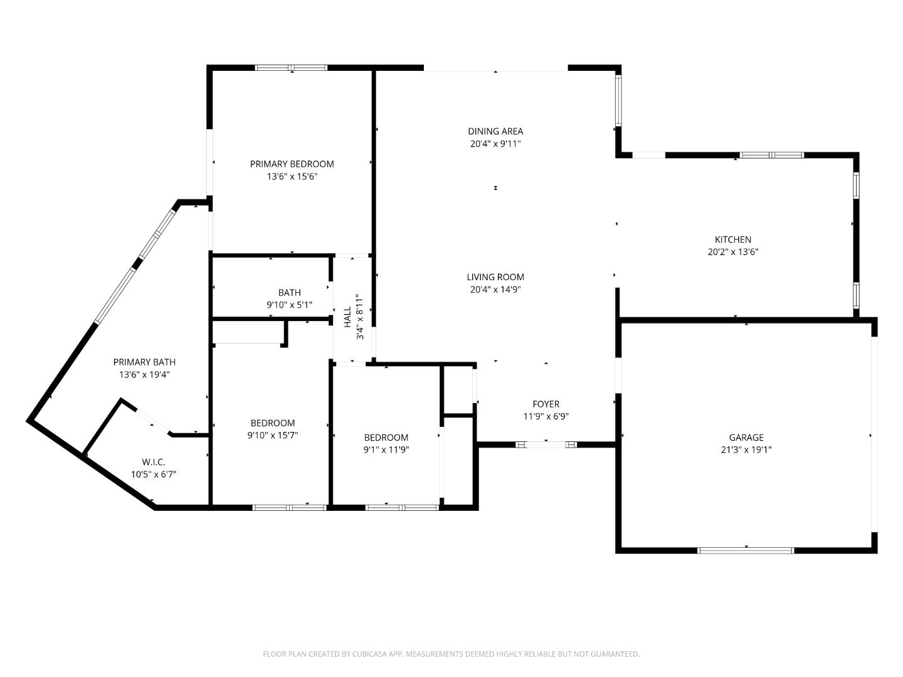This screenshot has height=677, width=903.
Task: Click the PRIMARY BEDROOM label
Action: coord(292,164)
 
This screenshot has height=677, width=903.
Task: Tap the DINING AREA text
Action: coord(495,132)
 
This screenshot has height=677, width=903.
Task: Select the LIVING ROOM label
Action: coord(495,277)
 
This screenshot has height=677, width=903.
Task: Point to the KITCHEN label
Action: coord(733,239)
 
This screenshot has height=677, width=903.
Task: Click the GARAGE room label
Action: coord(746,438)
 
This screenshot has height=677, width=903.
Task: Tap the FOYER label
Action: coord(546,404)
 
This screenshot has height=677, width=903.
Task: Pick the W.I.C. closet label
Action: coord(154,462)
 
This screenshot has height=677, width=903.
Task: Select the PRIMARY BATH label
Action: coord(144,362)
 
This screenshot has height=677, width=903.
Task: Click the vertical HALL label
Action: coord(347,317)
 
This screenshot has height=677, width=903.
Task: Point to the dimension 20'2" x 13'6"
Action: coord(733,252)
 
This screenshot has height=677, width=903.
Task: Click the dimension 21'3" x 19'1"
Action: coord(746,449)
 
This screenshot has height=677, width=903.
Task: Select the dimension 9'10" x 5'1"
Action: coord(289,305)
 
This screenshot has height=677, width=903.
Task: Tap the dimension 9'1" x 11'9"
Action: coord(386,449)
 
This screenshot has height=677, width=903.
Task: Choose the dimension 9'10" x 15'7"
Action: coord(272,435)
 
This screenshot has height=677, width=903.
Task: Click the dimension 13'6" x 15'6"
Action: coord(292,177)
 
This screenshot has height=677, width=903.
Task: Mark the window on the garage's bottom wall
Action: coord(746,550)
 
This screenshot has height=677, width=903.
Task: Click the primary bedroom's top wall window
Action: coord(291,68)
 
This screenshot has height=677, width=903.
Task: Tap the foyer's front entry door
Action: coord(546,444)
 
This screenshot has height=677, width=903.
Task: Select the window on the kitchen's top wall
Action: coord(771,155)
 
